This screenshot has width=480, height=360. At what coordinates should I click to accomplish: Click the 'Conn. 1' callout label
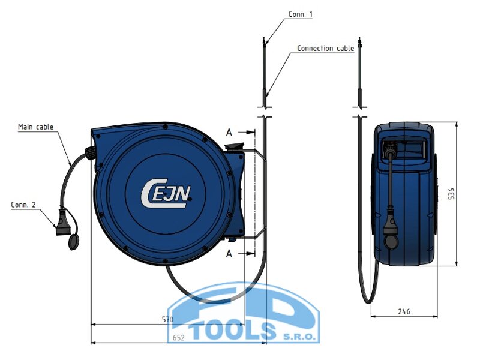(301, 14)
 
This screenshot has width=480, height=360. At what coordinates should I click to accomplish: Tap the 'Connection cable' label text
(325, 49)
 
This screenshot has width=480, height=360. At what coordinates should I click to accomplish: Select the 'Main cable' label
(35, 127)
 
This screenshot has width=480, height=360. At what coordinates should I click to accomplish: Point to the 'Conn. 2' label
(23, 205)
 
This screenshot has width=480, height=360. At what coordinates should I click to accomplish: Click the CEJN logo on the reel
(166, 193)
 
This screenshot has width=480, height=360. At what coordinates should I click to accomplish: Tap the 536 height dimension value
(451, 194)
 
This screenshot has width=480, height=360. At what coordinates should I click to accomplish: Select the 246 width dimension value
(404, 311)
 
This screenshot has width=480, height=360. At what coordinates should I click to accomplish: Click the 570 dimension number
(167, 320)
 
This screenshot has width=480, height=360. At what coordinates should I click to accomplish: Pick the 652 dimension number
(178, 337)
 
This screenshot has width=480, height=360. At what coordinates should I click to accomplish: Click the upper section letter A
(229, 133)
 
